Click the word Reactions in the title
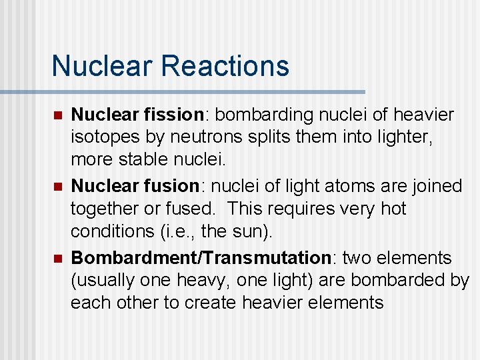[225, 66]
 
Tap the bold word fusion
[171, 186]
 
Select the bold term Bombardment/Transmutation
[201, 257]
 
